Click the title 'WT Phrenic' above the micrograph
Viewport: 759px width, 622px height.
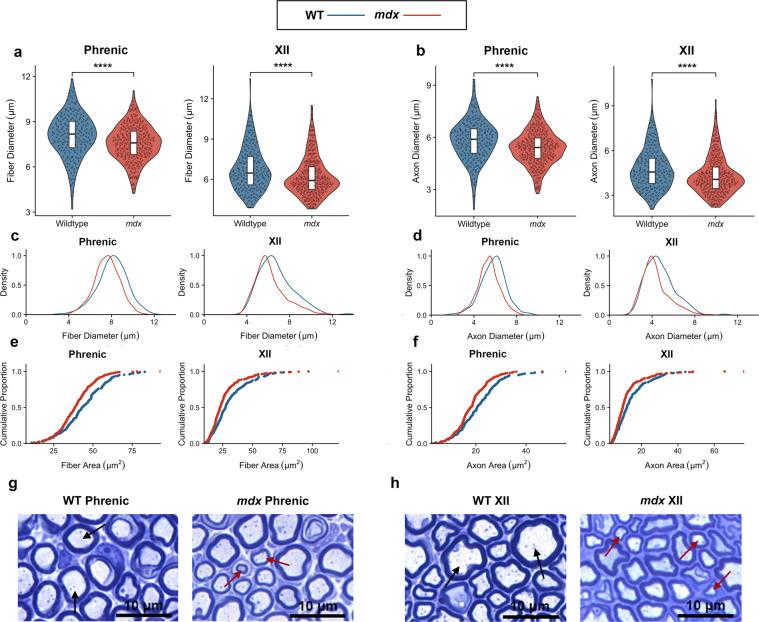coord(98,500)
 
